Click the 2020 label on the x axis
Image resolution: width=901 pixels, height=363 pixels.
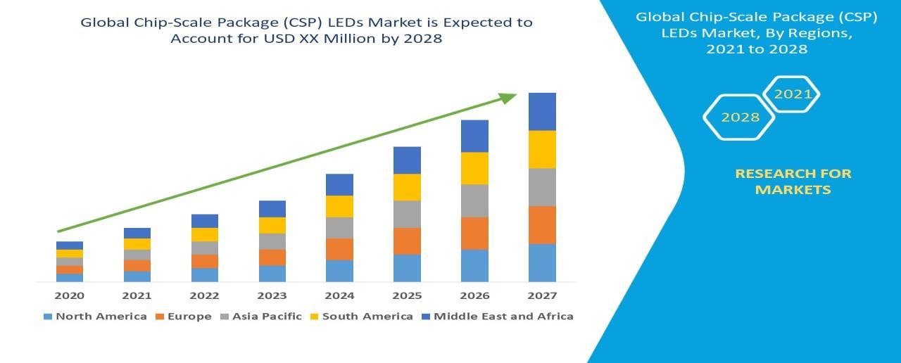click(x=69, y=295)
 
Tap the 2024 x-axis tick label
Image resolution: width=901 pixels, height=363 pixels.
click(x=339, y=295)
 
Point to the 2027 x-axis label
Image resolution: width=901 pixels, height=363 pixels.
click(x=542, y=295)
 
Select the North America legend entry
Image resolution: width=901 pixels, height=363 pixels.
click(x=95, y=317)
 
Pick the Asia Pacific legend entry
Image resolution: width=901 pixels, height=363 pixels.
click(x=261, y=317)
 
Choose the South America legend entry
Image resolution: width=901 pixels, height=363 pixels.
click(x=361, y=317)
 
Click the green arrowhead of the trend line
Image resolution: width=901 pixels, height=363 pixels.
click(x=508, y=98)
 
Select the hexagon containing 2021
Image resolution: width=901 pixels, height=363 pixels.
click(x=792, y=94)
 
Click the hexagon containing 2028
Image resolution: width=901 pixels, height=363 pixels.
click(x=740, y=117)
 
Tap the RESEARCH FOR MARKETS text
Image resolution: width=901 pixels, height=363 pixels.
click(x=793, y=181)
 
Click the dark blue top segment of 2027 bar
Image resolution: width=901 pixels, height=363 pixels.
click(x=542, y=111)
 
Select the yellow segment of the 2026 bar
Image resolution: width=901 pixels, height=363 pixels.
click(x=474, y=168)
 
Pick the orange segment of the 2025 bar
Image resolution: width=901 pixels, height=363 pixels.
click(x=407, y=241)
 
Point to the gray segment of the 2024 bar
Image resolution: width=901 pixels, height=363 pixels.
click(x=339, y=228)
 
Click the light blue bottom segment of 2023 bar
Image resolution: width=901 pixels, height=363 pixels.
click(x=272, y=274)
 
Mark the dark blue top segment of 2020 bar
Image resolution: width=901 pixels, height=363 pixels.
click(x=69, y=246)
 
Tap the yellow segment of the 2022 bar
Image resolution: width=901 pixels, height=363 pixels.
click(x=204, y=235)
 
